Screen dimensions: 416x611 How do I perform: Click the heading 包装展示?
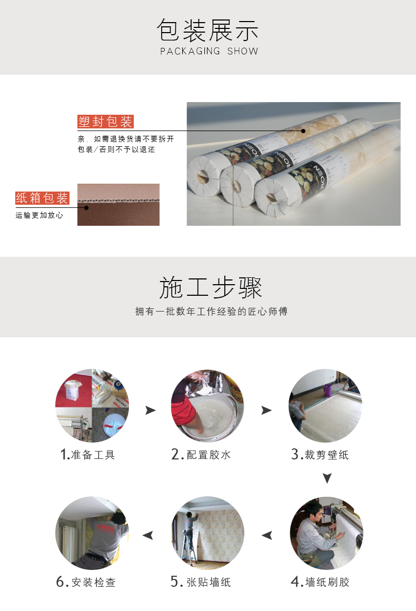tap(208, 31)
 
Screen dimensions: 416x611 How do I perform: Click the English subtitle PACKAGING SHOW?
tap(209, 51)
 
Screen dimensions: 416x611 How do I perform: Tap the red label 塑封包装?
tap(105, 122)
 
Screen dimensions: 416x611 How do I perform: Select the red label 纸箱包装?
tap(42, 198)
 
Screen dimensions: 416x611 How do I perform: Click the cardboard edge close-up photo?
tap(118, 205)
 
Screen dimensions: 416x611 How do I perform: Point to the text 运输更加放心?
tap(39, 215)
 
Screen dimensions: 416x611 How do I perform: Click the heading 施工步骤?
tap(211, 287)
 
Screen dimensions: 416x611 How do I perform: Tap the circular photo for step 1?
tap(92, 406)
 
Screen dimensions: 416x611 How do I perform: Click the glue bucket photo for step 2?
tap(208, 406)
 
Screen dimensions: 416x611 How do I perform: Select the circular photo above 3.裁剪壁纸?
tap(325, 406)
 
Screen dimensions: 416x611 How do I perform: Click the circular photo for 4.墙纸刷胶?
tap(326, 533)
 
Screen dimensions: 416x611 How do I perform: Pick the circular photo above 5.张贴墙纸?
tap(208, 533)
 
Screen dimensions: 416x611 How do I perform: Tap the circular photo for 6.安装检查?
tap(92, 533)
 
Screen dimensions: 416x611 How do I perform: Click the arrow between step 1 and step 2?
tap(151, 410)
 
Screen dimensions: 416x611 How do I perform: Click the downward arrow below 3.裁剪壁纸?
tap(327, 478)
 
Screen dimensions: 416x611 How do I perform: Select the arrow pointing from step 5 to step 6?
tap(148, 535)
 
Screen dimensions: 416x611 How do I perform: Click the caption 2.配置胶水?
tap(201, 454)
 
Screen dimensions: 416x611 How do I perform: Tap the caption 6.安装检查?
tap(86, 582)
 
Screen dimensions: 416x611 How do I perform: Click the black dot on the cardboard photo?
tap(86, 208)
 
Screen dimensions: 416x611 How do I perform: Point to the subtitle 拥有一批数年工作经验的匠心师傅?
tap(211, 312)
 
